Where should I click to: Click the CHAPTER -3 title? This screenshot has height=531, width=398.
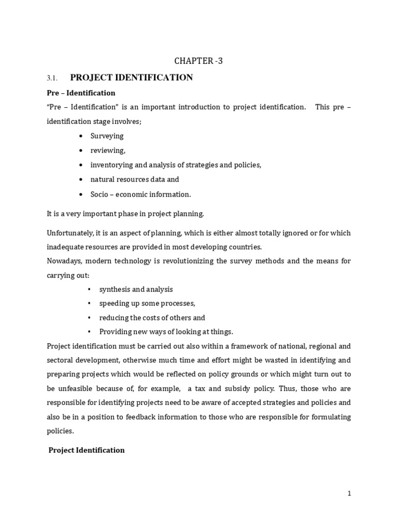pyautogui.click(x=198, y=62)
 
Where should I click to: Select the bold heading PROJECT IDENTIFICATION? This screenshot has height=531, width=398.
pyautogui.click(x=131, y=78)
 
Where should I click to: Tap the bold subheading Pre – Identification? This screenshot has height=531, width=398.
pyautogui.click(x=81, y=93)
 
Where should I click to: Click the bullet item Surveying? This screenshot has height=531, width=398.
pyautogui.click(x=107, y=136)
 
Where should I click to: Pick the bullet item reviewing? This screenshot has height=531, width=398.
pyautogui.click(x=108, y=150)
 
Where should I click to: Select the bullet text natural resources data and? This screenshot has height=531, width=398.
pyautogui.click(x=134, y=179)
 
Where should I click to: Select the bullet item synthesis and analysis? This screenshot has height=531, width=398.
pyautogui.click(x=136, y=289)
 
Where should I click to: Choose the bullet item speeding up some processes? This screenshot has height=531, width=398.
pyautogui.click(x=147, y=303)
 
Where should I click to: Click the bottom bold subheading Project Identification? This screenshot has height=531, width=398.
pyautogui.click(x=87, y=450)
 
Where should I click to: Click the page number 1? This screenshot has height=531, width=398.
pyautogui.click(x=349, y=494)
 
